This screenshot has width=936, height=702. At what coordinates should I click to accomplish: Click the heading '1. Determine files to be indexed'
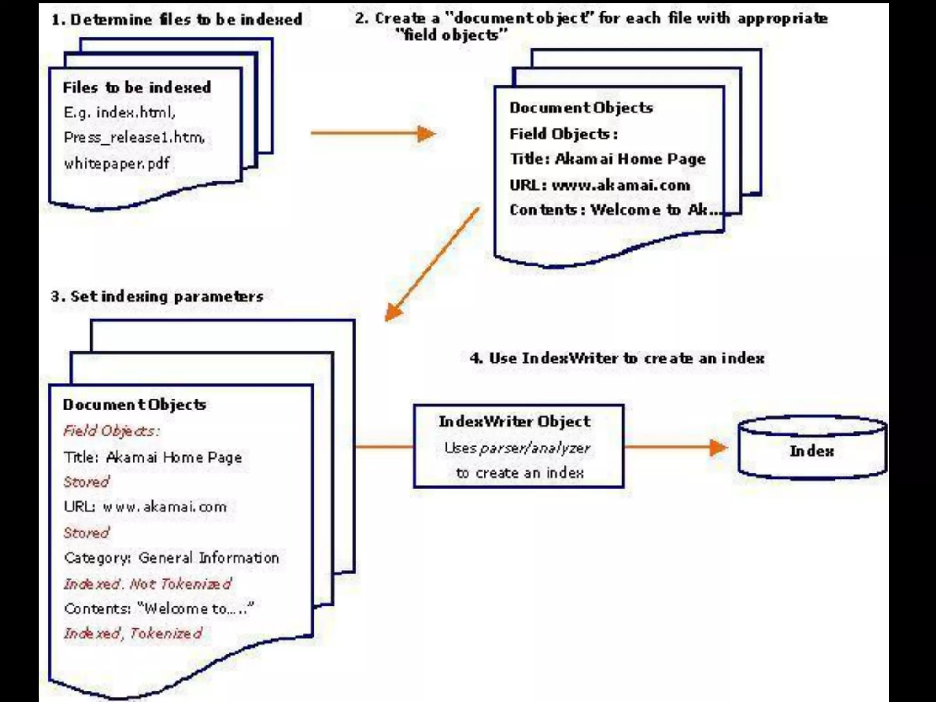pyautogui.click(x=177, y=20)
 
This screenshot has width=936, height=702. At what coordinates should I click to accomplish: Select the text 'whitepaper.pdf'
pyautogui.click(x=117, y=163)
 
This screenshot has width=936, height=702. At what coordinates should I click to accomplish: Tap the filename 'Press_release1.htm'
pyautogui.click(x=134, y=137)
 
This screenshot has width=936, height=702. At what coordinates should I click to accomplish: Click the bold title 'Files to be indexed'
pyautogui.click(x=137, y=87)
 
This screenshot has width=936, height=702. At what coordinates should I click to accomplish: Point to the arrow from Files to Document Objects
pyautogui.click(x=372, y=133)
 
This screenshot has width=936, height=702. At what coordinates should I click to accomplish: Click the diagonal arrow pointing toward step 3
pyautogui.click(x=431, y=264)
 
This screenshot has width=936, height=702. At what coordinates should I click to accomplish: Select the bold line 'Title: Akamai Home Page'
pyautogui.click(x=607, y=159)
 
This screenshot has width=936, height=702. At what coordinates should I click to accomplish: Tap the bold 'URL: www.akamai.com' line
pyautogui.click(x=600, y=185)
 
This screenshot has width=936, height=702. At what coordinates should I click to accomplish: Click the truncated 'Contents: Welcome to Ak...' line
pyautogui.click(x=615, y=210)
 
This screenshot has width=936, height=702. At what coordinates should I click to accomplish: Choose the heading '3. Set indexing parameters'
pyautogui.click(x=157, y=297)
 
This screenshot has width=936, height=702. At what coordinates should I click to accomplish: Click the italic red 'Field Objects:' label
pyautogui.click(x=111, y=431)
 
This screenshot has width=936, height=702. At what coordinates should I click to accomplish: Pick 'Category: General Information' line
pyautogui.click(x=171, y=558)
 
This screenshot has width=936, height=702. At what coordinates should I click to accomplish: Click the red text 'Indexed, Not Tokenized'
pyautogui.click(x=147, y=584)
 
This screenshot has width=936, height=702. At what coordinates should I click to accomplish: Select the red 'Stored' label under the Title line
pyautogui.click(x=86, y=482)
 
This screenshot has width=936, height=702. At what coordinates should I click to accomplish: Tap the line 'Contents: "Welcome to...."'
pyautogui.click(x=159, y=609)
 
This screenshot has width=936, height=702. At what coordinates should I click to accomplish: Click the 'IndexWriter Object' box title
pyautogui.click(x=515, y=421)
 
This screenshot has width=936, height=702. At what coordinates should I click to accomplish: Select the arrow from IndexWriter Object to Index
pyautogui.click(x=675, y=447)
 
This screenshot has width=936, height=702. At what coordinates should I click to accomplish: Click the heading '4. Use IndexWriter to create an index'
pyautogui.click(x=617, y=358)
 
